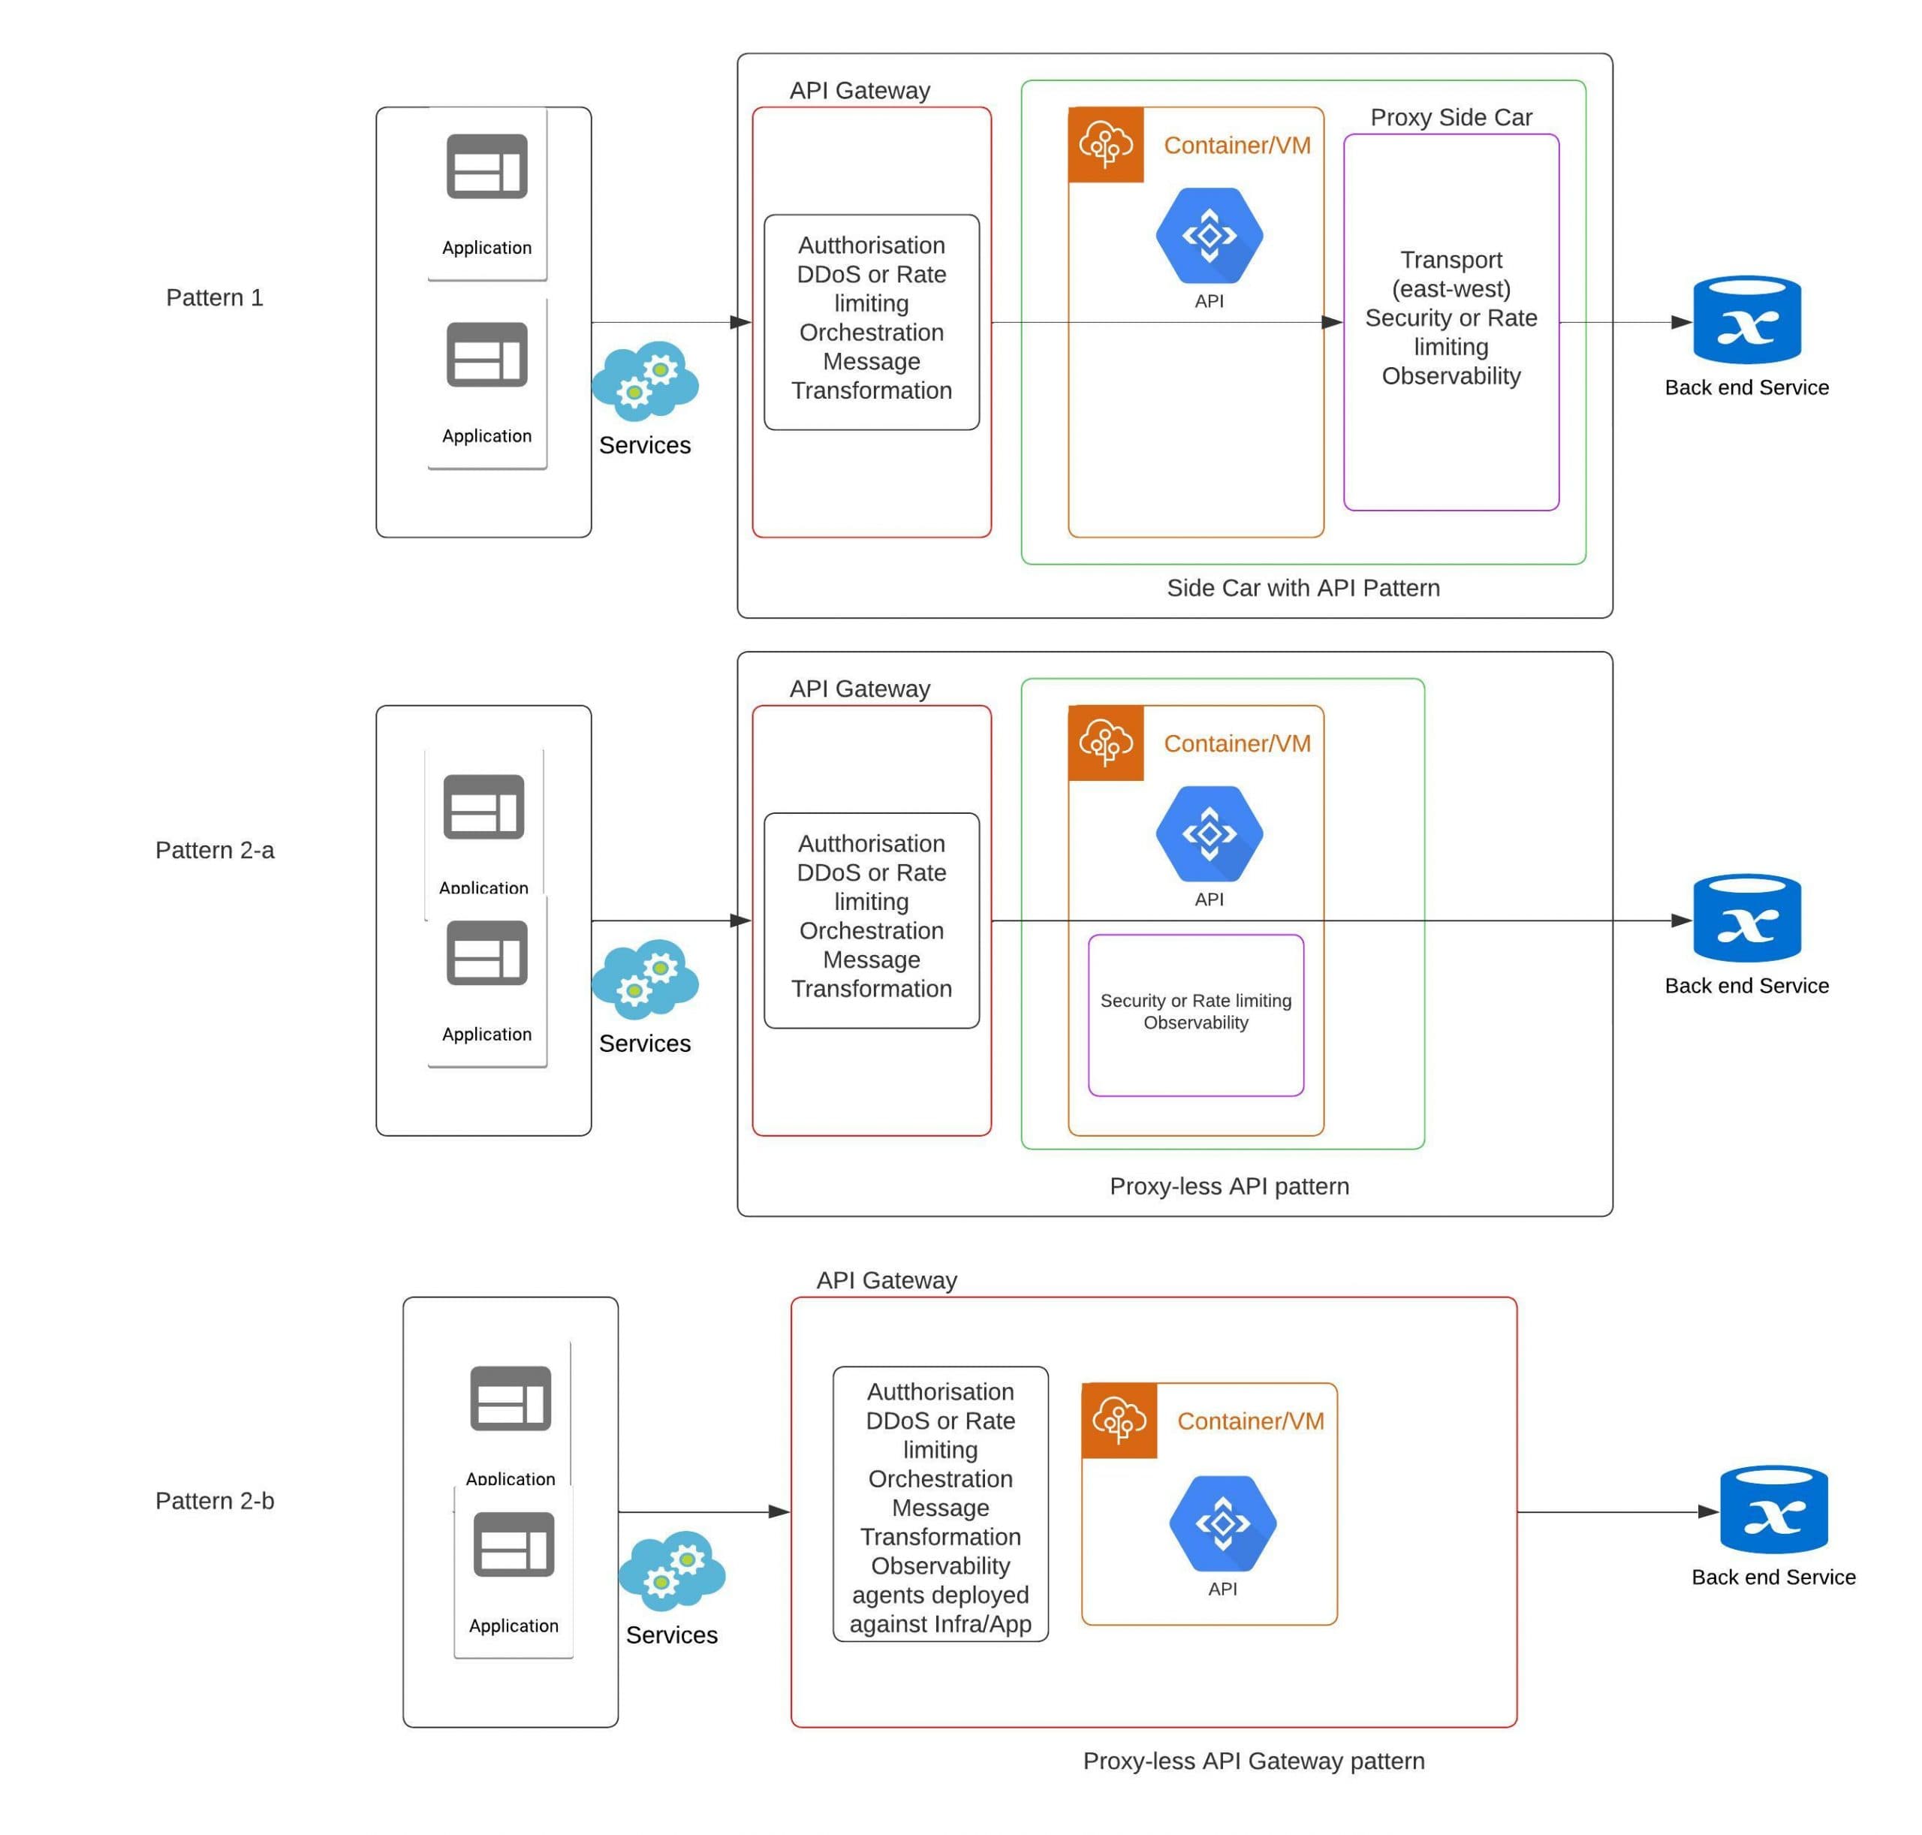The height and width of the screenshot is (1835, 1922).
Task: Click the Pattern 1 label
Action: [214, 297]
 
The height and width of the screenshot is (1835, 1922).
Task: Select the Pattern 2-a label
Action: [214, 850]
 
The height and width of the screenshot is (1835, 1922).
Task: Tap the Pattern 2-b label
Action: [214, 1500]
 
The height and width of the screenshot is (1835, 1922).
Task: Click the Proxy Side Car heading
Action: [1451, 117]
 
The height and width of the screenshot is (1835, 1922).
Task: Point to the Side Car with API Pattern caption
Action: [1303, 588]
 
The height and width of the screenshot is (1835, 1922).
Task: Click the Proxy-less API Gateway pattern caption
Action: [1253, 1761]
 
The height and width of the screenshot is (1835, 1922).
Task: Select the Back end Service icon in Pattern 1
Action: [1746, 320]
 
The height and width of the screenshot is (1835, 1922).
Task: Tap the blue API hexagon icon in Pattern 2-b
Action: [1222, 1523]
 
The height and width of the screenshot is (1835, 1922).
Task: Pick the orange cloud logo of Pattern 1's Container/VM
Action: [1105, 145]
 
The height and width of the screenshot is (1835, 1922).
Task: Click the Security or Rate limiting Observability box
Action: [1195, 1014]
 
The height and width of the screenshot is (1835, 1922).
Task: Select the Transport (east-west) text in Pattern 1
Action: [1451, 275]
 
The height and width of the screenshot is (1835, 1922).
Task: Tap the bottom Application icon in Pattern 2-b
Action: [514, 1544]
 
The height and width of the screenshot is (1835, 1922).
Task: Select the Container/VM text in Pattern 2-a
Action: [1237, 743]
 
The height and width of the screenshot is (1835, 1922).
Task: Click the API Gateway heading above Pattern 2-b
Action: [886, 1280]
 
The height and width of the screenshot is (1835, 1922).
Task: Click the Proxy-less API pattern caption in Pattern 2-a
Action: [1228, 1186]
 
